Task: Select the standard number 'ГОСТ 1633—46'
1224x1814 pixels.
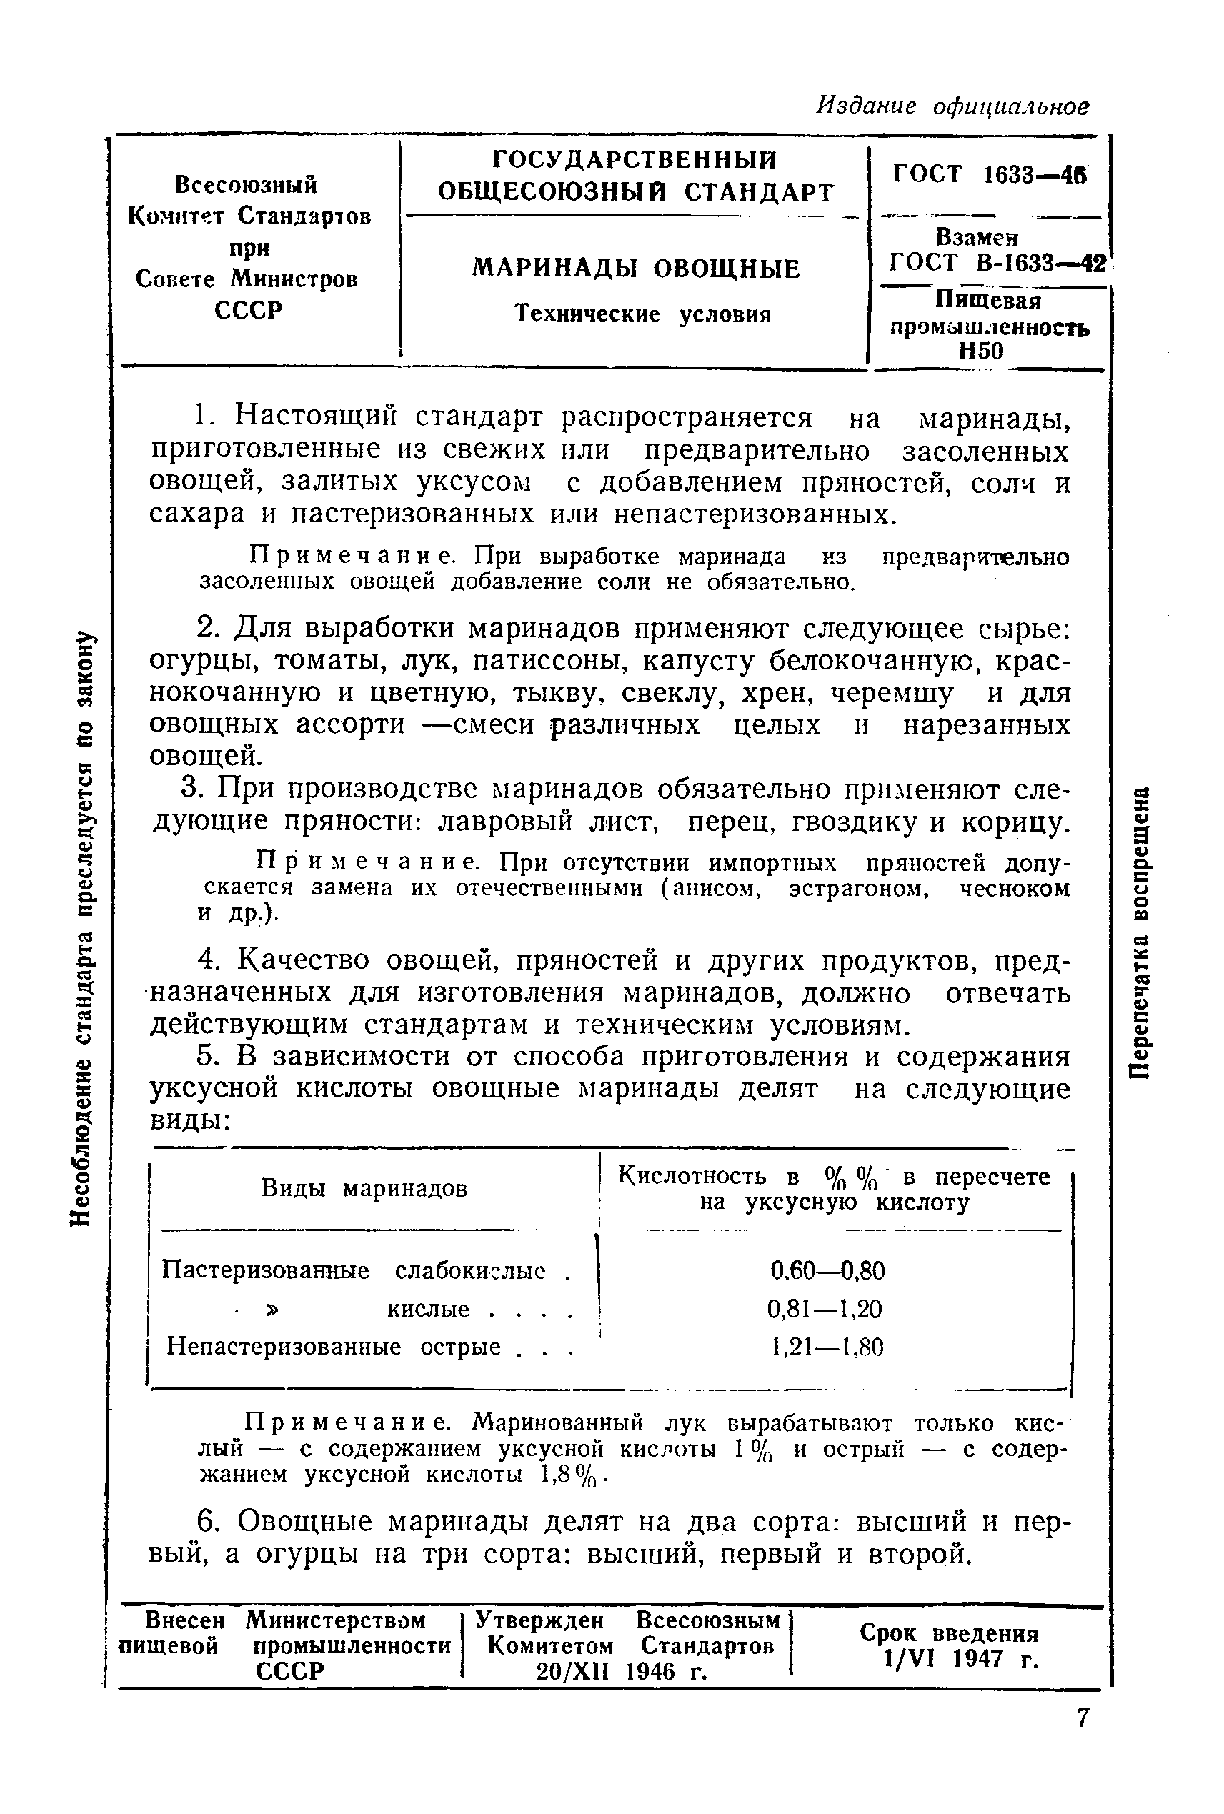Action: pos(989,174)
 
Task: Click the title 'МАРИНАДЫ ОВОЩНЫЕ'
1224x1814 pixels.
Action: pos(636,269)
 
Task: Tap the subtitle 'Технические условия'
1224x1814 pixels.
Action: pos(643,314)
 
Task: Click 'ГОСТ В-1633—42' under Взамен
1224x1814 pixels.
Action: pos(997,263)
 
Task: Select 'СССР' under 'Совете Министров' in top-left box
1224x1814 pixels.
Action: pos(247,310)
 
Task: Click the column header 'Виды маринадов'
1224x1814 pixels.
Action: pos(364,1188)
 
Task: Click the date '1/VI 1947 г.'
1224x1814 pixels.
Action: pos(961,1659)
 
